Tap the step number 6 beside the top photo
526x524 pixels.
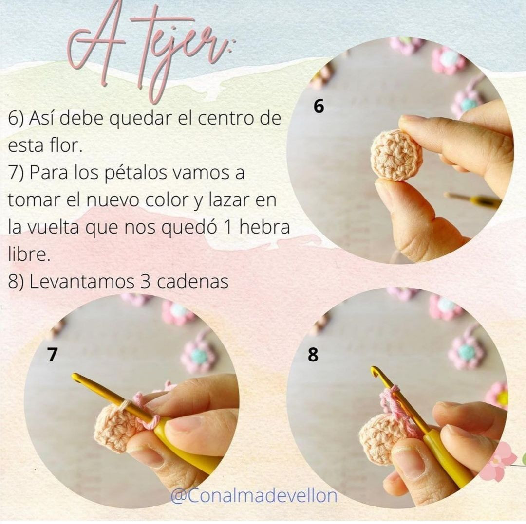coord(319,106)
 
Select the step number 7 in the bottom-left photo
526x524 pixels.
coord(52,355)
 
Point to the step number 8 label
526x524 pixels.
coord(313,355)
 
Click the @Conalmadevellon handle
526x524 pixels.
coord(253,496)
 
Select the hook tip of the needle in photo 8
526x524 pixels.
coord(375,372)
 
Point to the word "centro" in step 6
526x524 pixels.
coord(222,119)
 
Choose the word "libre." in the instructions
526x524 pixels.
coord(29,255)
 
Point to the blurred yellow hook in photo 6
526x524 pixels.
coord(472,199)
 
